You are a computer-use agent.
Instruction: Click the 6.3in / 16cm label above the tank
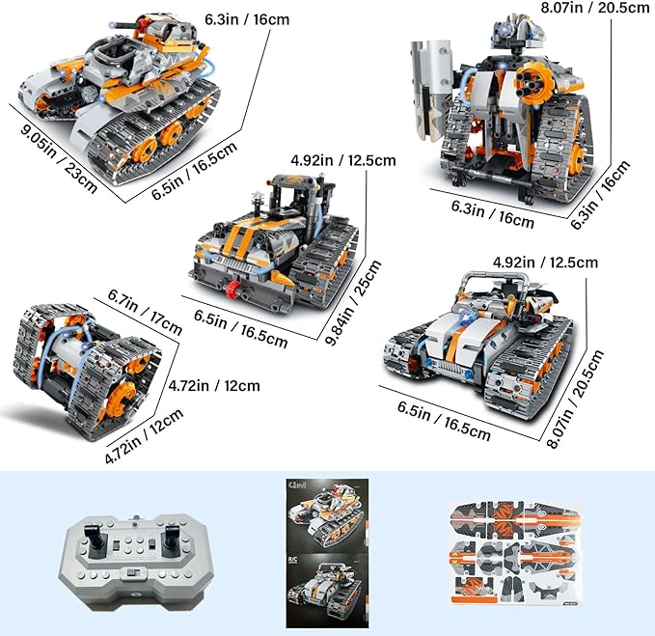pyautogui.click(x=248, y=18)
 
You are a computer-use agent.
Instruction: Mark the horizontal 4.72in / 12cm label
pyautogui.click(x=213, y=386)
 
